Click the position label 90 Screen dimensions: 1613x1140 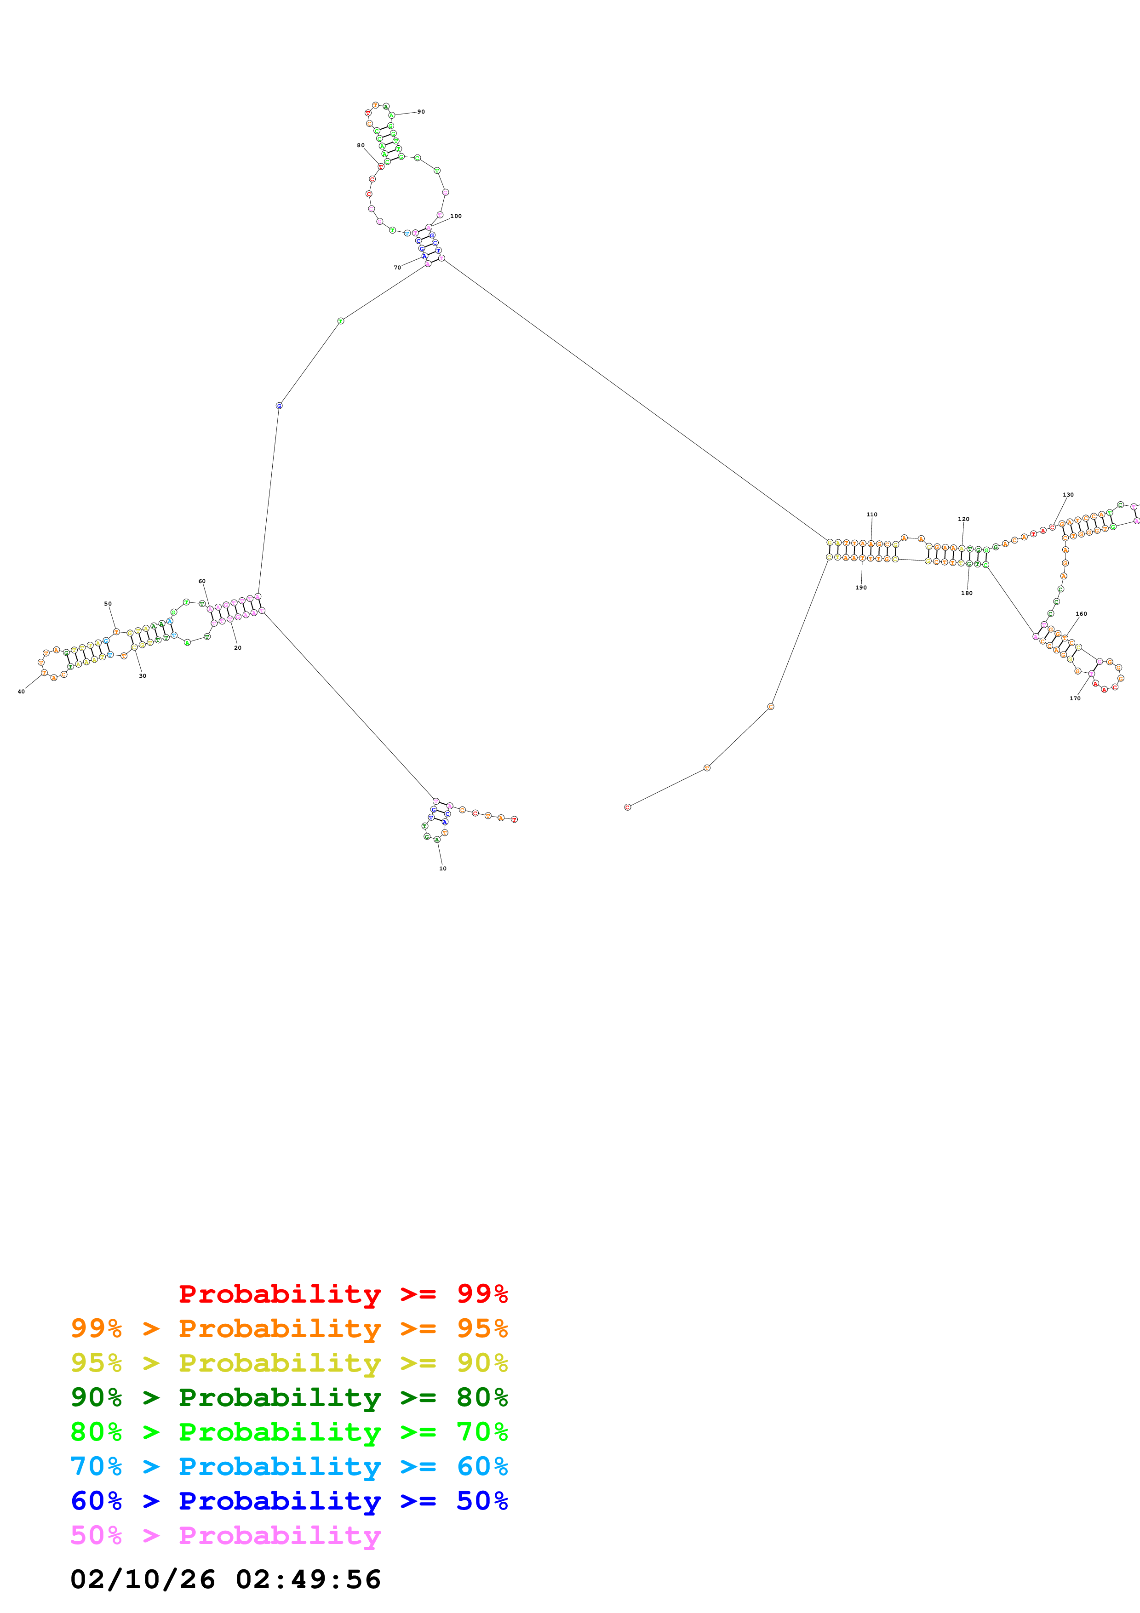pos(421,112)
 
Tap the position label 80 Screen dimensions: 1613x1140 pos(361,145)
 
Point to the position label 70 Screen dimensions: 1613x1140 pos(397,268)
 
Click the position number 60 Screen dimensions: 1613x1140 pos(201,581)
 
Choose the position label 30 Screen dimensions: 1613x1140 pos(143,676)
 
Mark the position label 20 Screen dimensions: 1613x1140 pos(237,648)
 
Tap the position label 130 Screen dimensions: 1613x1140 pos(1068,495)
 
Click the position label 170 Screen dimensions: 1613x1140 pos(1075,698)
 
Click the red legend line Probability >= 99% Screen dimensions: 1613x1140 pos(343,1293)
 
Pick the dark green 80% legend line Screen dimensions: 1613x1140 pos(289,1397)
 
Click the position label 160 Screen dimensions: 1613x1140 pos(1081,614)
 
